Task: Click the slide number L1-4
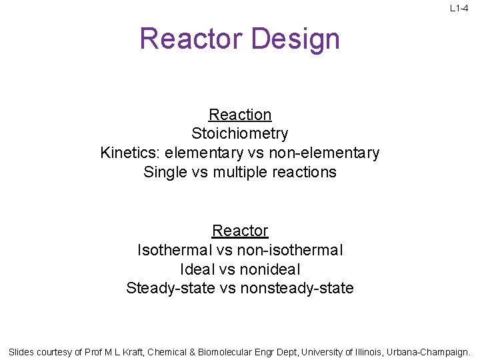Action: (459, 8)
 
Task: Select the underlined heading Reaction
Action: (240, 115)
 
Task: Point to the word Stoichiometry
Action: (240, 134)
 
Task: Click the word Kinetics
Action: (130, 153)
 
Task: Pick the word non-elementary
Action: (327, 153)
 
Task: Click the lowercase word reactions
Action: (307, 172)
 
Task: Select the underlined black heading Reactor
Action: (240, 231)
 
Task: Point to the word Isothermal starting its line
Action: (175, 250)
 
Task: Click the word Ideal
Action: (195, 269)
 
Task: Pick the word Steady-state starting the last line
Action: (170, 289)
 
